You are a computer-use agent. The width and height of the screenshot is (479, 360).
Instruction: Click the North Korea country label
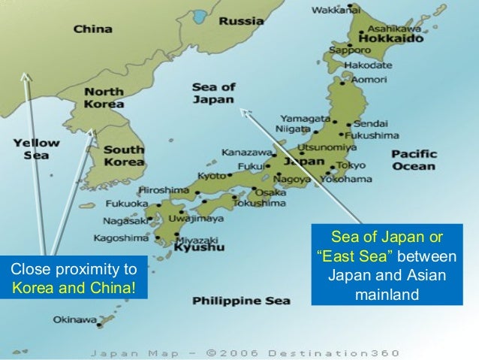(x=104, y=98)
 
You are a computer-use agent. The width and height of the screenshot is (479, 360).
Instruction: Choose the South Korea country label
(x=124, y=156)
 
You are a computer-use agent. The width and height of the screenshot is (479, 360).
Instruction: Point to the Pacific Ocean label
(x=413, y=159)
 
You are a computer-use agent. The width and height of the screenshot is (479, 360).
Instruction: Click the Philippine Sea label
(x=241, y=301)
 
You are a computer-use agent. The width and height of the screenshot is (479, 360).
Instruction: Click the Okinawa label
(x=74, y=319)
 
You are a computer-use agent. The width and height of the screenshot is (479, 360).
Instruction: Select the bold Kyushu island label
(x=198, y=247)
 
